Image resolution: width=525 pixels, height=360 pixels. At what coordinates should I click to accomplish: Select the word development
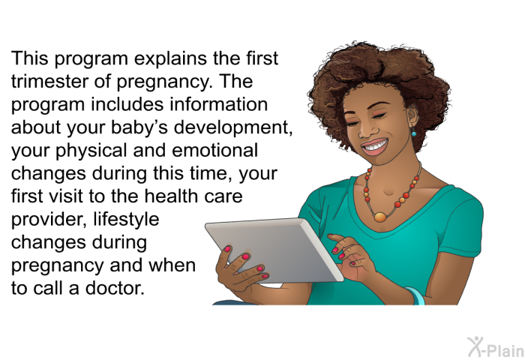(233, 127)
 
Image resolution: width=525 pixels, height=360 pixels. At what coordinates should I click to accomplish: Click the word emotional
(214, 150)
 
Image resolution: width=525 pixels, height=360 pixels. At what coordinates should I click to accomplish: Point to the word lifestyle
(126, 220)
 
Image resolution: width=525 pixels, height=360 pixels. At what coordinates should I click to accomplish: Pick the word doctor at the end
(115, 288)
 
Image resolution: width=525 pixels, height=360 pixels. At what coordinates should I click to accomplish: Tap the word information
(219, 104)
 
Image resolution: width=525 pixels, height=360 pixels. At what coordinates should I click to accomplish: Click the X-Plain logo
(496, 347)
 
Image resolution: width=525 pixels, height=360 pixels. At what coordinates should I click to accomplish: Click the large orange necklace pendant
(380, 217)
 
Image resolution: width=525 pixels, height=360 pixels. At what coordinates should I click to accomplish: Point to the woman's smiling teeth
(375, 146)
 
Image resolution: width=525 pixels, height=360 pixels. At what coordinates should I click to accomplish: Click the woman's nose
(365, 130)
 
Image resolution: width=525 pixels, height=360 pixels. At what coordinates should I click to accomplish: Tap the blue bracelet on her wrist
(415, 296)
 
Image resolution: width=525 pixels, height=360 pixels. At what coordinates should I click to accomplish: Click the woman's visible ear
(412, 116)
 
